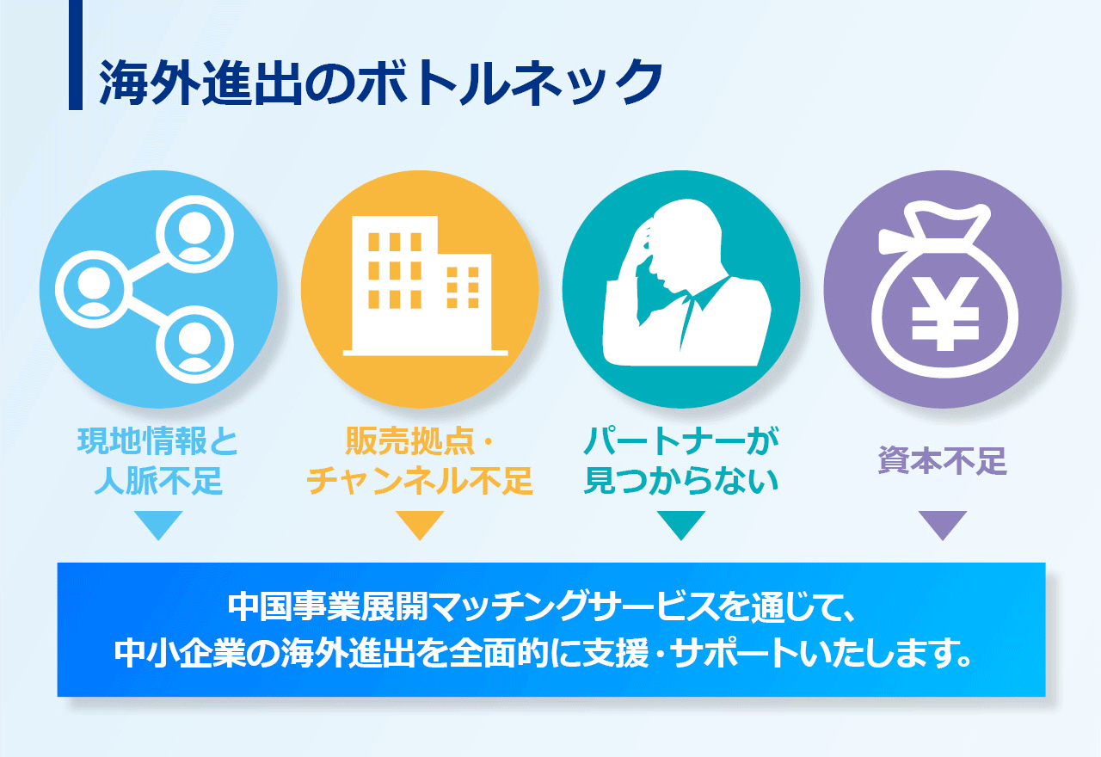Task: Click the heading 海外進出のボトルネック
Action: pyautogui.click(x=380, y=83)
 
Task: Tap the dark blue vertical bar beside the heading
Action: pyautogui.click(x=75, y=54)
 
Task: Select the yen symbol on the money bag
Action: pyautogui.click(x=945, y=314)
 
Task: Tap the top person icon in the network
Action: pyautogui.click(x=194, y=234)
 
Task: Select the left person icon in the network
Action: pyautogui.click(x=94, y=289)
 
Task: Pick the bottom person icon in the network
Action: pyautogui.click(x=194, y=344)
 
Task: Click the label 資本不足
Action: pyautogui.click(x=942, y=460)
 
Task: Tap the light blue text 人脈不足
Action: pyautogui.click(x=158, y=480)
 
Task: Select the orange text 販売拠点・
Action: pyautogui.click(x=419, y=440)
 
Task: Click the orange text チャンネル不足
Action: pyautogui.click(x=420, y=480)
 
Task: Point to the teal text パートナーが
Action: pyautogui.click(x=681, y=440)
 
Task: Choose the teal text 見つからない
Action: pyautogui.click(x=681, y=480)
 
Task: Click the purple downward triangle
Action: pyautogui.click(x=943, y=524)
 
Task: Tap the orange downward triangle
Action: pyautogui.click(x=420, y=524)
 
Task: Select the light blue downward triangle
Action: pyautogui.click(x=158, y=524)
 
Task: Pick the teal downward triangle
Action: pyautogui.click(x=681, y=524)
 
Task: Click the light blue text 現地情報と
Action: pyautogui.click(x=157, y=440)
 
